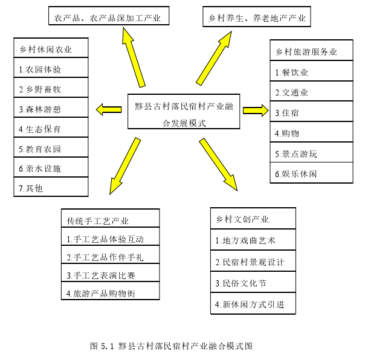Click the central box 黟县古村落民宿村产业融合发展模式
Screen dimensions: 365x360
[184, 111]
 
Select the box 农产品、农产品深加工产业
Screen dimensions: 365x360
[109, 16]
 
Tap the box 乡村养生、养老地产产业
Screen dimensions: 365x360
[257, 16]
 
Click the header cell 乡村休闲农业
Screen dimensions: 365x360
[51, 48]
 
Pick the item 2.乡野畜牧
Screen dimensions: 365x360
[51, 88]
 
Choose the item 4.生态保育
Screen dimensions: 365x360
[51, 127]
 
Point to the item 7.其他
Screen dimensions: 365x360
[51, 187]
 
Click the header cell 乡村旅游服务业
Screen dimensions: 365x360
[311, 50]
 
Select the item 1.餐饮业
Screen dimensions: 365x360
[311, 71]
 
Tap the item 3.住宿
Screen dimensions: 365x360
[311, 111]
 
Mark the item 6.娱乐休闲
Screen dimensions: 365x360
[311, 173]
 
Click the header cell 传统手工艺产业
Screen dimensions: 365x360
[111, 218]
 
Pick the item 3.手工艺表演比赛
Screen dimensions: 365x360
[111, 272]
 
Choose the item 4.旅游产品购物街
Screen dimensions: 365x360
[111, 291]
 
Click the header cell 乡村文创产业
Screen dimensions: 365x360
[253, 218]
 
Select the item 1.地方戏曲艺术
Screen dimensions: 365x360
[253, 240]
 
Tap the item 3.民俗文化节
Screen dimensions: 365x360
[253, 282]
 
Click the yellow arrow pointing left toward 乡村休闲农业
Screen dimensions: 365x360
[109, 109]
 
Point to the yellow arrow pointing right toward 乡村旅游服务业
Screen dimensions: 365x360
[256, 111]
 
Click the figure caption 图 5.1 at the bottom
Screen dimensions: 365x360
[172, 346]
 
